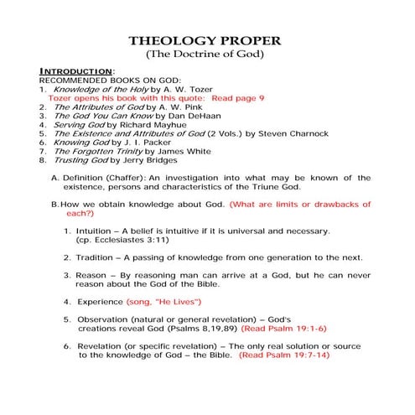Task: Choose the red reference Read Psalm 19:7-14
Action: point(285,355)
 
